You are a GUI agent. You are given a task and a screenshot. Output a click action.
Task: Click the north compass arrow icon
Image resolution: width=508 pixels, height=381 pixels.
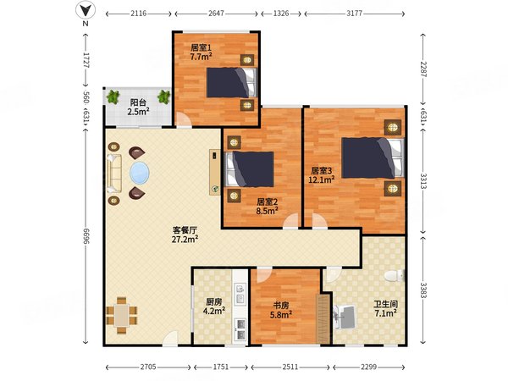[x=86, y=11]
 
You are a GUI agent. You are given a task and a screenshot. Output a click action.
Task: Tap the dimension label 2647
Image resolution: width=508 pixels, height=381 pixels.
[x=216, y=14]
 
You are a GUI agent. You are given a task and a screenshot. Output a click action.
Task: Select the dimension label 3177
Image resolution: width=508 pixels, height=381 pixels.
[x=354, y=14]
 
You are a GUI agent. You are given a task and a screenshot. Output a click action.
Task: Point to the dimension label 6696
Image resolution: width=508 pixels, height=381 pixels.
[x=86, y=236]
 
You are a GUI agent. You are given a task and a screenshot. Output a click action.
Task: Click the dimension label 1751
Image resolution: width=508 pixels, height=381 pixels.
[x=221, y=367]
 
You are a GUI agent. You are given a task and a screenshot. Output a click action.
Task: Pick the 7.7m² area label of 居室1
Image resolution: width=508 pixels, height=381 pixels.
[x=201, y=57]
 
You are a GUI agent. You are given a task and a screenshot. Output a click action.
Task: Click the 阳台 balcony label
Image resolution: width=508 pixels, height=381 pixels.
[x=138, y=102]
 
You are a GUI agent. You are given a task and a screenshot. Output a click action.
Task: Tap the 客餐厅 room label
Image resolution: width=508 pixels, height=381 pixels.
[x=185, y=230]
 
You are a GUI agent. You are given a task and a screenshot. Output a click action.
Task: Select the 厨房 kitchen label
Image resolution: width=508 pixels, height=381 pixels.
[x=214, y=302]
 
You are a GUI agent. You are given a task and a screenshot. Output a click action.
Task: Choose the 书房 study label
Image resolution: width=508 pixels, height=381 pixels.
[x=281, y=305]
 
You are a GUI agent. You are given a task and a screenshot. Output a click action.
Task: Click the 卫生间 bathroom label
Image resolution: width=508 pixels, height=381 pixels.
[x=385, y=304]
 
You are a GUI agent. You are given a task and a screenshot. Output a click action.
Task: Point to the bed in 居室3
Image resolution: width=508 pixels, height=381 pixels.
[x=373, y=157]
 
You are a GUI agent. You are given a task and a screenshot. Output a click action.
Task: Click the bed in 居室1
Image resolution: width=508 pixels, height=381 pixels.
[x=231, y=83]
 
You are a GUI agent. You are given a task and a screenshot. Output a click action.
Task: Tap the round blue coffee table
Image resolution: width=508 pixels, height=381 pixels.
[x=140, y=173]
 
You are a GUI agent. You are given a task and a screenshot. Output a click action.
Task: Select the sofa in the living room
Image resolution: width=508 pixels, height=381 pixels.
[x=114, y=174]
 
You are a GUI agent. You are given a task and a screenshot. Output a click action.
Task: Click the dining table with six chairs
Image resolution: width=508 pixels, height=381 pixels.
[x=121, y=315]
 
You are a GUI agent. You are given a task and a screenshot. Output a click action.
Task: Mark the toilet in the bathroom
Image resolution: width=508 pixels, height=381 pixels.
[x=395, y=276]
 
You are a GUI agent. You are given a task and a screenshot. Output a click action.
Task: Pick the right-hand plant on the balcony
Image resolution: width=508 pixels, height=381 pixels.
[x=163, y=97]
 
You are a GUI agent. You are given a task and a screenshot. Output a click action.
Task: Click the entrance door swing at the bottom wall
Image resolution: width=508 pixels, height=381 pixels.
[x=170, y=339]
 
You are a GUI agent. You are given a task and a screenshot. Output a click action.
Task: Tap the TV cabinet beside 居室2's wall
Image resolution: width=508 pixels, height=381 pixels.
[x=214, y=172]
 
